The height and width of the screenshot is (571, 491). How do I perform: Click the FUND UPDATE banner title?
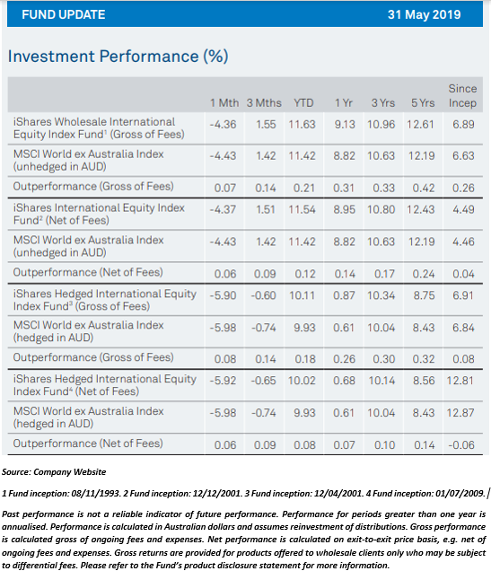pos(64,14)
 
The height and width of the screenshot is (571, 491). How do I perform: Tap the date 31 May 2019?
pos(424,14)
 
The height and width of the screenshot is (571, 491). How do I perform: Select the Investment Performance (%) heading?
pos(118,57)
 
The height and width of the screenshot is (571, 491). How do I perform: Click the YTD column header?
pos(303,103)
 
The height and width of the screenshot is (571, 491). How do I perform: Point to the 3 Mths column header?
pos(264,103)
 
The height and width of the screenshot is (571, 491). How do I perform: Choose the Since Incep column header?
pos(462,96)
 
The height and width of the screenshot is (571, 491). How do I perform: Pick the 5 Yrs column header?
pos(423,103)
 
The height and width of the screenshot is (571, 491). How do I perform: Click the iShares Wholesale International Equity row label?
pos(99,127)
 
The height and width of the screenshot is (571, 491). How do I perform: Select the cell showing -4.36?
pos(223,125)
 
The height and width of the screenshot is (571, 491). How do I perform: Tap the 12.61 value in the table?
pos(420,125)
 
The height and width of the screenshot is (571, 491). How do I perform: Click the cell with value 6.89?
pos(463,125)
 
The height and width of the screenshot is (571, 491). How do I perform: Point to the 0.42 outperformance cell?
pos(424,188)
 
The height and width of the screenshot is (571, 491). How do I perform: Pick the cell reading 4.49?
pos(463,210)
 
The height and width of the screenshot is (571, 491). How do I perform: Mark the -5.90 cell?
pos(223,295)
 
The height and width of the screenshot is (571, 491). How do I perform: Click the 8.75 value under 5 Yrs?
pos(424,295)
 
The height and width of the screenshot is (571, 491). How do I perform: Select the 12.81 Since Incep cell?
pos(460,381)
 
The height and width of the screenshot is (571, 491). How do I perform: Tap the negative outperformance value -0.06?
pos(461,445)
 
